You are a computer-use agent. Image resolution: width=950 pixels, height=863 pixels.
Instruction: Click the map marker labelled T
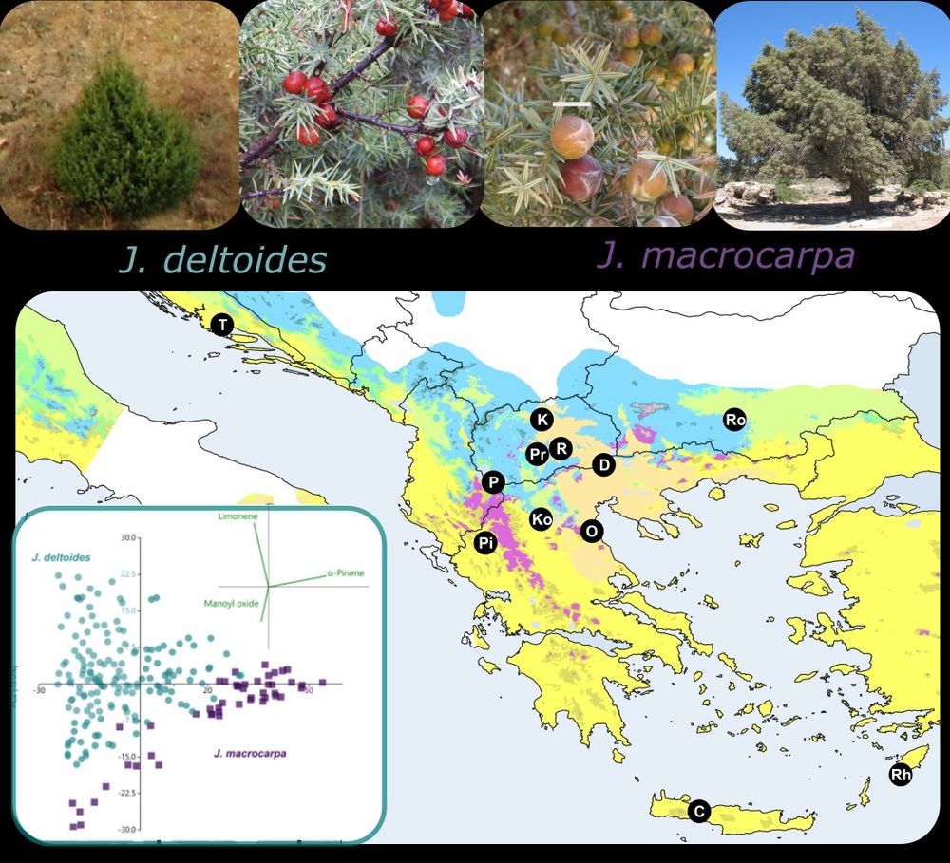click(222, 326)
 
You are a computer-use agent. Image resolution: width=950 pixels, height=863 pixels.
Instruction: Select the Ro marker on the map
click(734, 419)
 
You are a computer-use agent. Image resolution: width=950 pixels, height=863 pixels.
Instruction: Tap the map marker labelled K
click(541, 420)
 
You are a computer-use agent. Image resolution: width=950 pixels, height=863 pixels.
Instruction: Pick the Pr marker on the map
click(537, 454)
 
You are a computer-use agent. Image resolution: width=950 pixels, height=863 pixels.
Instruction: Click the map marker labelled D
click(603, 465)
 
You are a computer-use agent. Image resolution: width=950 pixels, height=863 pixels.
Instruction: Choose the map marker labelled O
click(591, 532)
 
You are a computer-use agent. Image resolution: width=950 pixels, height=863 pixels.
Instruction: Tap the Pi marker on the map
click(485, 543)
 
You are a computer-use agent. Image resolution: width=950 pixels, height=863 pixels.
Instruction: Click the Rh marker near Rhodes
click(901, 776)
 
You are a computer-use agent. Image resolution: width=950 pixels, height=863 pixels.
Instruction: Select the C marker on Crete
click(698, 812)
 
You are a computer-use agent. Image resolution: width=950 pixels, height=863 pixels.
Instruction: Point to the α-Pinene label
click(346, 573)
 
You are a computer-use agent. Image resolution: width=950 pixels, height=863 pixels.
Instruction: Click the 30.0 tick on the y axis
click(128, 537)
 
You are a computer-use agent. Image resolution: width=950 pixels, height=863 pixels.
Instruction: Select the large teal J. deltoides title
click(223, 259)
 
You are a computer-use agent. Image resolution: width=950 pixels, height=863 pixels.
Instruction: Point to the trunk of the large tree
click(860, 195)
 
